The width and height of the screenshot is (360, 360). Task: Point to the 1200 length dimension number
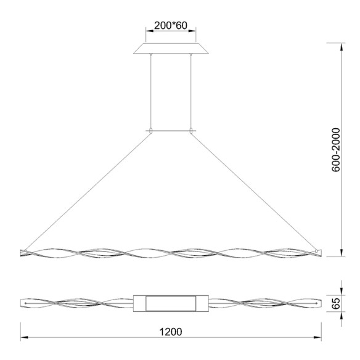tap(170, 331)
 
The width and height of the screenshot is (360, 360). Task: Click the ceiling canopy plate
tap(171, 49)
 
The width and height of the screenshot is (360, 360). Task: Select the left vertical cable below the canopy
tap(150, 92)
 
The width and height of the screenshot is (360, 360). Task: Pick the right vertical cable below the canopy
tap(192, 92)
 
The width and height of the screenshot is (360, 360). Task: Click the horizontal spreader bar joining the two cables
tap(171, 130)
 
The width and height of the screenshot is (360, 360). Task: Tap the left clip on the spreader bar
tap(150, 130)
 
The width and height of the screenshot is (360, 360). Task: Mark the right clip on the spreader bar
tap(192, 130)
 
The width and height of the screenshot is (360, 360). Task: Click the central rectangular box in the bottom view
tap(170, 304)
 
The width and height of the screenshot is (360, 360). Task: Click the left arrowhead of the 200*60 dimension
tap(147, 30)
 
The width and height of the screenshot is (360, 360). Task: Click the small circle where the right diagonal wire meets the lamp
tap(317, 252)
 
